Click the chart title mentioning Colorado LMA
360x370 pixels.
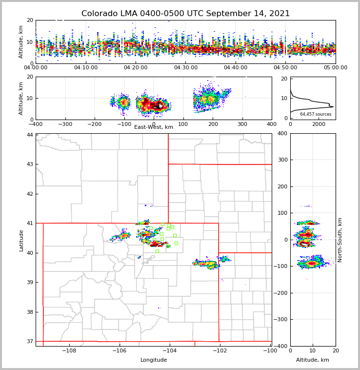click(x=185, y=14)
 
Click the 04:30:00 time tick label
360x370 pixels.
click(x=186, y=68)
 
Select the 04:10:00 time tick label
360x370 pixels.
click(x=86, y=68)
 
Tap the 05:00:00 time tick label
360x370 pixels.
click(x=335, y=68)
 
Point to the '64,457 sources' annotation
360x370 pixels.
click(x=316, y=114)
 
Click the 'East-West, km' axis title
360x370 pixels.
click(x=154, y=127)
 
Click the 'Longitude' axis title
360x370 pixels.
click(x=154, y=360)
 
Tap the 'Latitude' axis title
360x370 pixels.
click(x=21, y=240)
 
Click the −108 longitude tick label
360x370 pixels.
click(x=68, y=351)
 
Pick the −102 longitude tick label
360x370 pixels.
click(x=219, y=351)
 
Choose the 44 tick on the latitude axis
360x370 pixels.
click(x=30, y=135)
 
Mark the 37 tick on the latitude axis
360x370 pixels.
click(x=30, y=341)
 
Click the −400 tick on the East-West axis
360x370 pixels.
click(x=36, y=124)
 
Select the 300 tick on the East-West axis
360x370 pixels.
click(x=242, y=124)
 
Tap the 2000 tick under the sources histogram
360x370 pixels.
click(x=319, y=124)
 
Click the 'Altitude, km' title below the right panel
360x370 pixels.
click(x=313, y=360)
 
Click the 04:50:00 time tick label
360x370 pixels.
click(x=285, y=68)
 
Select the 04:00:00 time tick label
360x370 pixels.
click(x=36, y=68)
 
